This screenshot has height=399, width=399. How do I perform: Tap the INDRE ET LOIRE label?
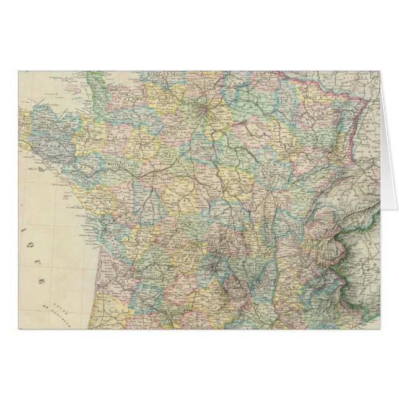(x=151, y=170)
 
